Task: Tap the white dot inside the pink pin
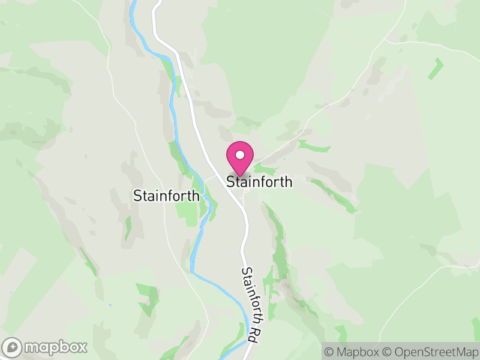[240, 155]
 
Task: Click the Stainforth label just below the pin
[260, 181]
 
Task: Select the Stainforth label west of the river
[166, 196]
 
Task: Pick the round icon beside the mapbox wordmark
[13, 347]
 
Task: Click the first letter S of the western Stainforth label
[136, 196]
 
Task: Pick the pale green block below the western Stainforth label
[191, 213]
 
